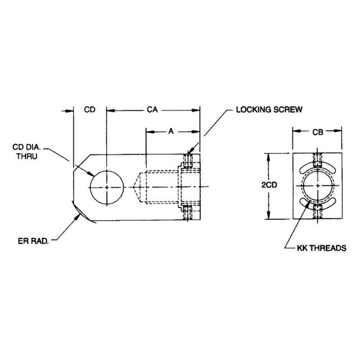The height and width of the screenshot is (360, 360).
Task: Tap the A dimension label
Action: click(171, 132)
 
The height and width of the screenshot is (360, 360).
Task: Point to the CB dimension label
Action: click(317, 132)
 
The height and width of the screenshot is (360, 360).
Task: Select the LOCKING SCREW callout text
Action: click(269, 110)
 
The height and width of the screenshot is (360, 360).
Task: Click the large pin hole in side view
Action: click(107, 187)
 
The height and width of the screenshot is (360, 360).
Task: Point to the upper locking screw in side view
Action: click(187, 161)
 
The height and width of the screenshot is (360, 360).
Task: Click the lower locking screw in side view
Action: click(187, 212)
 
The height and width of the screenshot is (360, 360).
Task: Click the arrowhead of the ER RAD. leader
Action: click(80, 215)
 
